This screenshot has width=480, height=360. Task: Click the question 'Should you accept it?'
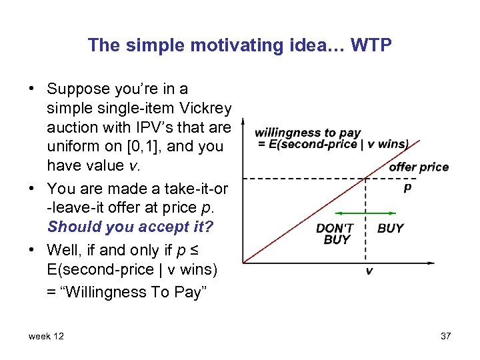click(x=130, y=227)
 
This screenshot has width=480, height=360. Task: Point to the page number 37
click(x=445, y=336)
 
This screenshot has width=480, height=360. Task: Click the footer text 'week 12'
click(x=46, y=336)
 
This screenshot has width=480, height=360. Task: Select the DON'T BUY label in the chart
click(x=335, y=234)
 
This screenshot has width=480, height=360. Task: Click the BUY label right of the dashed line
click(x=390, y=228)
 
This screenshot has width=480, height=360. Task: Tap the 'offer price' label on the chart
click(x=418, y=167)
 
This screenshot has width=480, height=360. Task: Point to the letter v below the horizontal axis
click(x=369, y=271)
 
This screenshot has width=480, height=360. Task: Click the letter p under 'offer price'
click(x=407, y=187)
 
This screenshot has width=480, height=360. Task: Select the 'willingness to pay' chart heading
click(x=307, y=133)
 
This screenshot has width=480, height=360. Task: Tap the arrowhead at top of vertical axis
click(x=243, y=123)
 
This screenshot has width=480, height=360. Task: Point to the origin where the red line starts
click(x=244, y=262)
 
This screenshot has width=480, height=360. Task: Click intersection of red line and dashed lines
click(x=366, y=178)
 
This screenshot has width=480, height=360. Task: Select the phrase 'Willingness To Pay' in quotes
click(x=152, y=291)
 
